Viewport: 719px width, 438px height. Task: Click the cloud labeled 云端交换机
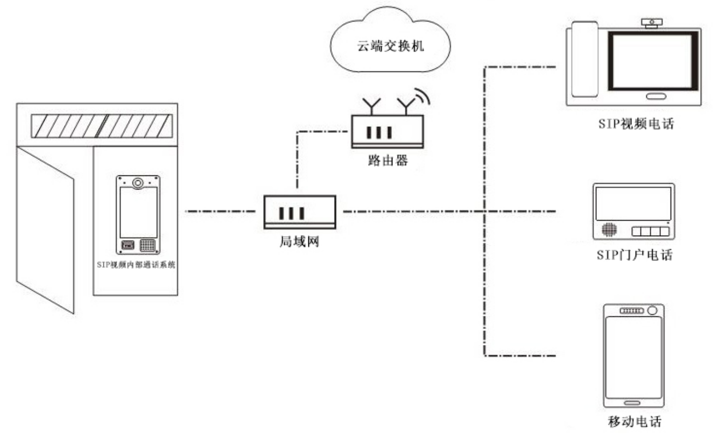pos(391,43)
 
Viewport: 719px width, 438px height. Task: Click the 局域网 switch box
pos(299,212)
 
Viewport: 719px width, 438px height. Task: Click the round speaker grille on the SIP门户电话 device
pos(608,230)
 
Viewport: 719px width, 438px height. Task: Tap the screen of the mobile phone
pos(633,355)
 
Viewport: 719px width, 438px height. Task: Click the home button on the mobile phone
pos(632,402)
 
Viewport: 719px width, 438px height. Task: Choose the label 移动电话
pos(633,422)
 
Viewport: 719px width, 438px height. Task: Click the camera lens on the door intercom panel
pos(138,182)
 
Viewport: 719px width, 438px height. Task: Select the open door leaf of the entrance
pos(45,226)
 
